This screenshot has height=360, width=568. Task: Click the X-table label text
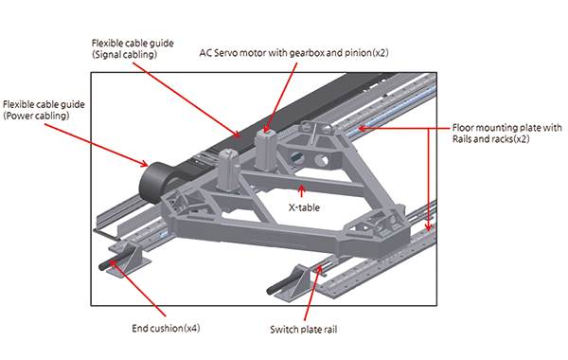(x=304, y=207)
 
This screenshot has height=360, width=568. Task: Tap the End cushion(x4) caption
(x=166, y=329)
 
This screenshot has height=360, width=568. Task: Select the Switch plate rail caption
(x=304, y=330)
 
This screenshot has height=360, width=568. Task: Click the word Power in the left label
(x=20, y=116)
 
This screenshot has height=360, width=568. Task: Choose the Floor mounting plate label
(x=506, y=133)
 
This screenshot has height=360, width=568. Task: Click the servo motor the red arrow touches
(x=265, y=150)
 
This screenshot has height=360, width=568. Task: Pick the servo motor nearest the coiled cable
(x=228, y=170)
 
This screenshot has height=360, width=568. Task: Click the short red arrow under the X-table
(x=301, y=191)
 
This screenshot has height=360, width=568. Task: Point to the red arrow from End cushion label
(x=137, y=288)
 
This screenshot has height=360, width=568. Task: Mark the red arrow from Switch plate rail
(x=312, y=293)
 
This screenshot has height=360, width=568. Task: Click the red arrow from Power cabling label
(x=96, y=145)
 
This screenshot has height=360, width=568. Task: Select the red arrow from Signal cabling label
(x=186, y=100)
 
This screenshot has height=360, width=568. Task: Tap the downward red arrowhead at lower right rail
(x=429, y=227)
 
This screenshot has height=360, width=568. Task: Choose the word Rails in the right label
(x=463, y=139)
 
